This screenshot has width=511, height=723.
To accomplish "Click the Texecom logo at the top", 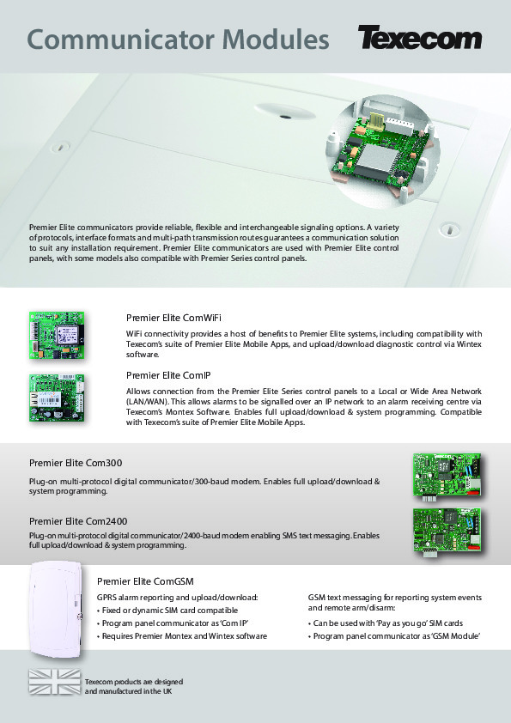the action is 420,38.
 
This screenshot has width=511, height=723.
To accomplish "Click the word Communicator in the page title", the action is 121,39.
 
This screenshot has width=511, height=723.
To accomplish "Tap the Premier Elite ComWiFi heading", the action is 173,318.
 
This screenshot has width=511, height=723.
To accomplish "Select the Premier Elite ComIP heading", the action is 168,375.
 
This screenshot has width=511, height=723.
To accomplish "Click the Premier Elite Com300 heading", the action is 76,463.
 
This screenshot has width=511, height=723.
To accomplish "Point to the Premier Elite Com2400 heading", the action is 78,521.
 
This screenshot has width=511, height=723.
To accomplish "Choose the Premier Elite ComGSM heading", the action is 145,581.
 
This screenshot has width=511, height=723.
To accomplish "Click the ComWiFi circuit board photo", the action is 57,336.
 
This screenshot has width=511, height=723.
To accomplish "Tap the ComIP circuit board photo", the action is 58,398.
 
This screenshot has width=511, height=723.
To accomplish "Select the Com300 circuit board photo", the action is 447,477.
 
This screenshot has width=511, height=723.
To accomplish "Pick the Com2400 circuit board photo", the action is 447,532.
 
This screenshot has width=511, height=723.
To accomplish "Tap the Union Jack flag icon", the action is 54,682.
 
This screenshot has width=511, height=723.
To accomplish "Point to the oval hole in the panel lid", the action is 285,112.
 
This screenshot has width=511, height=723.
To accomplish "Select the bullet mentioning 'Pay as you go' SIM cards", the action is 386,623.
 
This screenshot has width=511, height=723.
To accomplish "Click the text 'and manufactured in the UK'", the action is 128,691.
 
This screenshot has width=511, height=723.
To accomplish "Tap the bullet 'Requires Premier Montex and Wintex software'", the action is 182,636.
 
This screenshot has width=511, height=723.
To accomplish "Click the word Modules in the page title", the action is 276,39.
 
